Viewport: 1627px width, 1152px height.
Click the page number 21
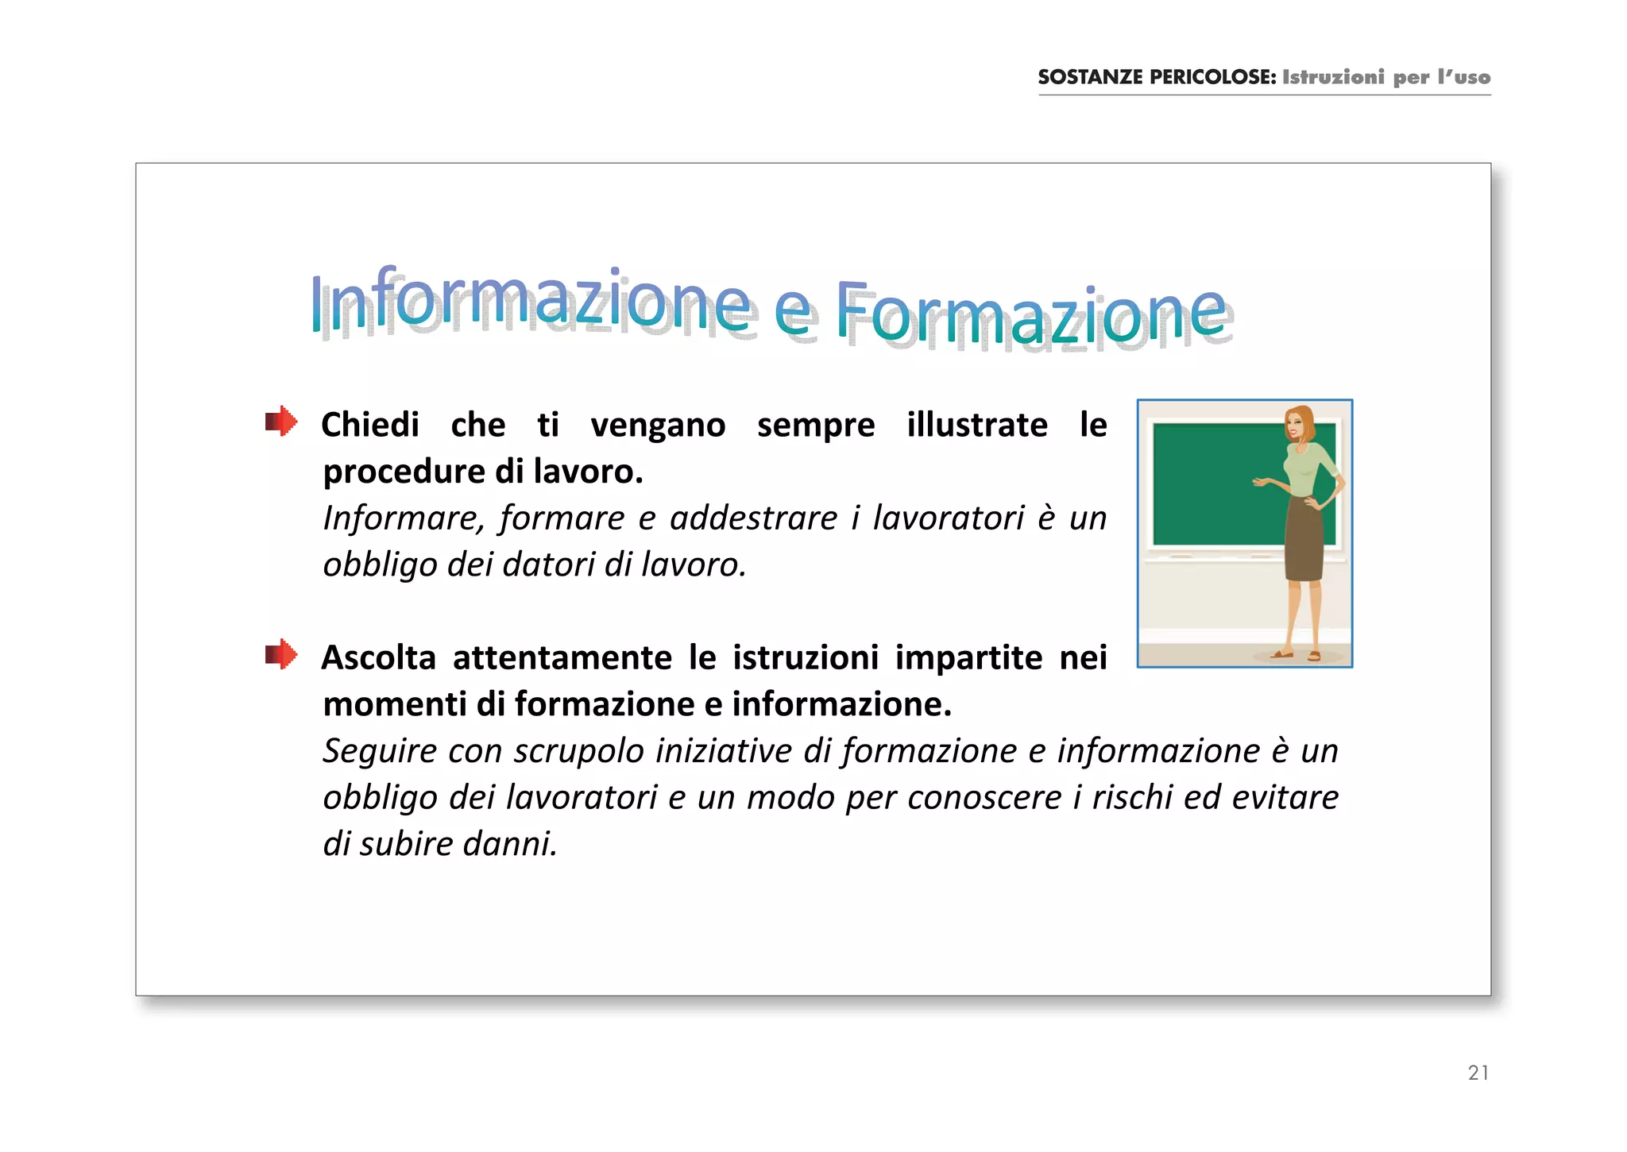pos(1478,1073)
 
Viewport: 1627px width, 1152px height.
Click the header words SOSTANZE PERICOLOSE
pos(1156,77)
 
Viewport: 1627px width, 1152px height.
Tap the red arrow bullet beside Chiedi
pos(281,422)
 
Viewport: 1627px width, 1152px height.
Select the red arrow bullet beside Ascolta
pos(281,655)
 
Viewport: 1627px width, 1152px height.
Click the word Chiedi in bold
pos(370,425)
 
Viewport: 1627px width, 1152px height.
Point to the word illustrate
pos(976,425)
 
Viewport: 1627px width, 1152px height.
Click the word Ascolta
pos(379,657)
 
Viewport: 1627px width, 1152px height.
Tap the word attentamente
pos(562,657)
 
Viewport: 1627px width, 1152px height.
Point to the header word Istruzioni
pos(1333,77)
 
